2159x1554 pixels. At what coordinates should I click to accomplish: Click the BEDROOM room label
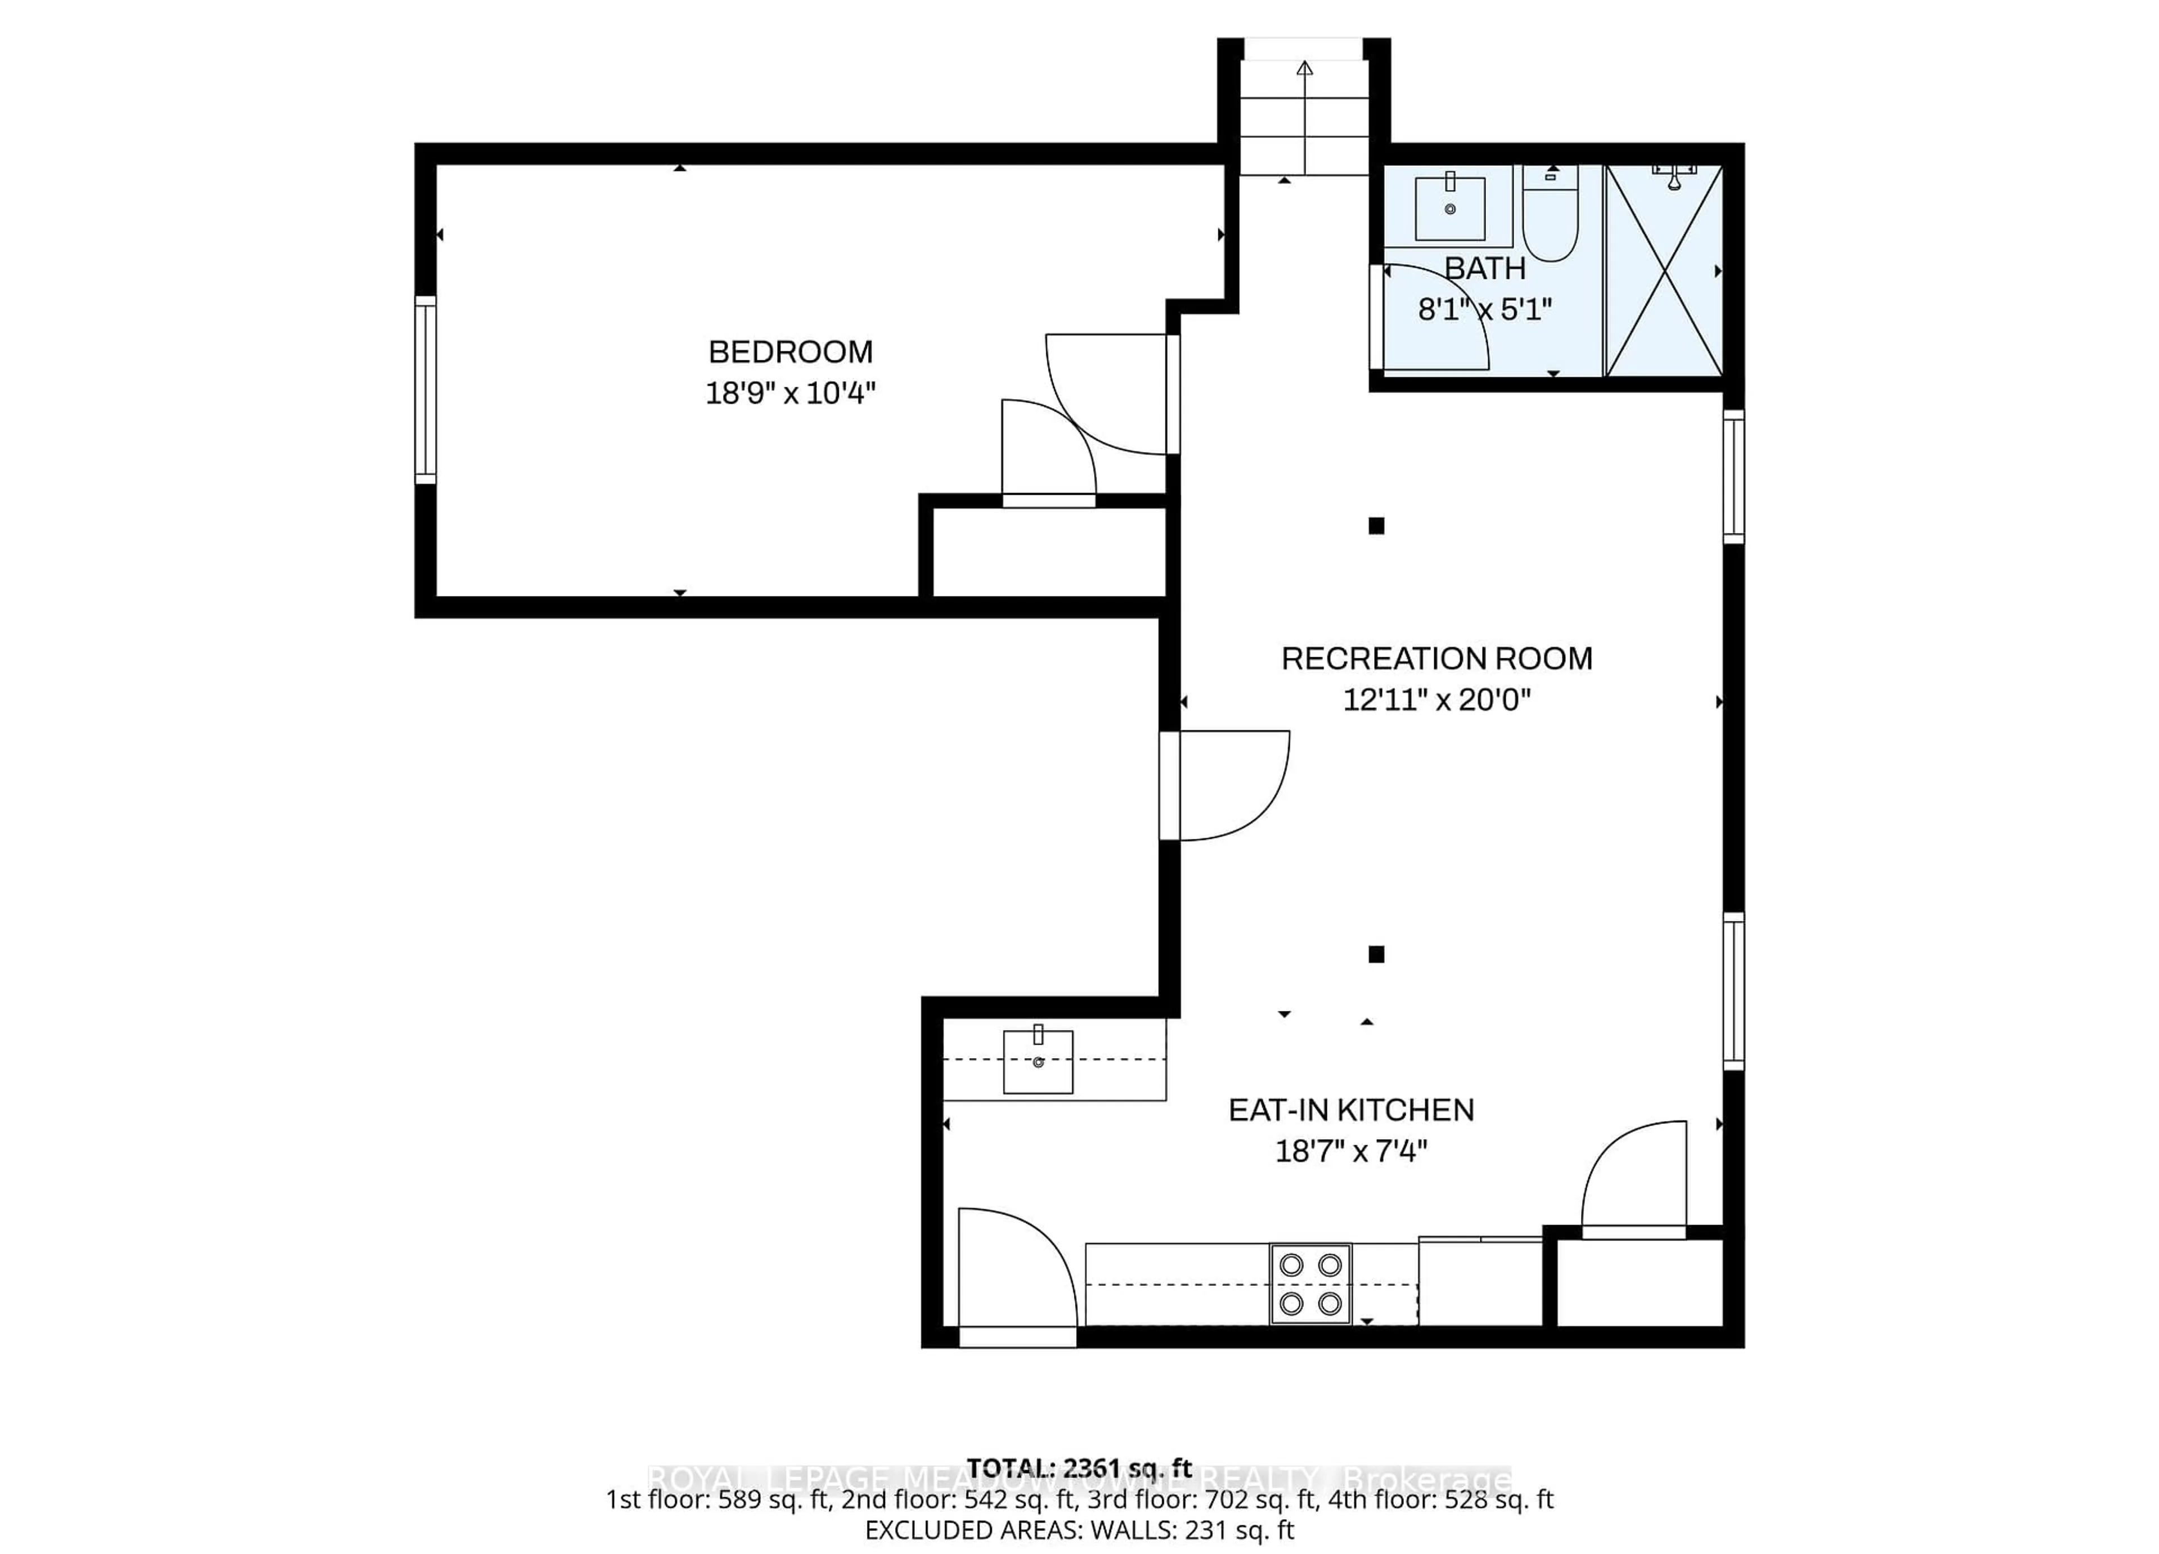coord(790,353)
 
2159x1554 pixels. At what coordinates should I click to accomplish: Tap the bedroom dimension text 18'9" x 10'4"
coord(790,393)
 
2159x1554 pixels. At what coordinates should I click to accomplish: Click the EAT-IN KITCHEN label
coord(1351,1110)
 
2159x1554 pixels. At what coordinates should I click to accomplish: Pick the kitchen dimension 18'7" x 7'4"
coord(1351,1152)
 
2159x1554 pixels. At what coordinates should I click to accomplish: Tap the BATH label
coord(1485,269)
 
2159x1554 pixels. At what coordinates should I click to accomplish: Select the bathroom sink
coord(1450,207)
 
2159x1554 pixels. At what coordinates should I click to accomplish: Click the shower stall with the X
coord(1664,272)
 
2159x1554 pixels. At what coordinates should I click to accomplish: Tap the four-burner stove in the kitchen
coord(1310,1284)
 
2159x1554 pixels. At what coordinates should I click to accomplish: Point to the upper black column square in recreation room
coord(1376,526)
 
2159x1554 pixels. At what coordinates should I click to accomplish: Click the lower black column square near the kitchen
coord(1376,954)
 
